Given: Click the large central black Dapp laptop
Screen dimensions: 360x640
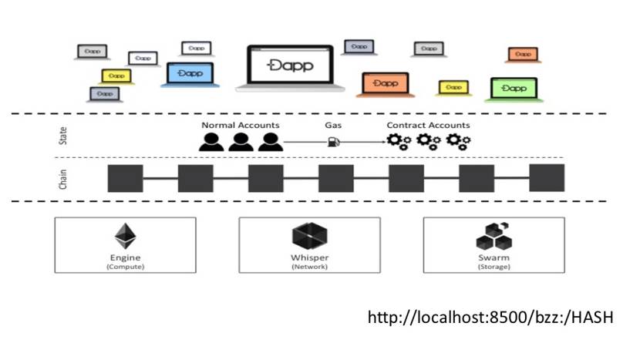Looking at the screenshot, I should coord(285,67).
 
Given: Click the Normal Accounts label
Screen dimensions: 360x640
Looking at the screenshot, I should coord(241,125).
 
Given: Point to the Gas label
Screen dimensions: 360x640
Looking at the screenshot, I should coord(334,125).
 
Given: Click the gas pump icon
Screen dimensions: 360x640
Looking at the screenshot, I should coord(334,142).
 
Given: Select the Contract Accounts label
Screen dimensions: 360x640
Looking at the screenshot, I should coord(428,125).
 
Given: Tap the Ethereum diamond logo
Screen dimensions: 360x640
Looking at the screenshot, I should coord(124,237).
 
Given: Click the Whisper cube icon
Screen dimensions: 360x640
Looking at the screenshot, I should coord(310,237).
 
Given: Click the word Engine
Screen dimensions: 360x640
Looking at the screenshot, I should coord(124,257).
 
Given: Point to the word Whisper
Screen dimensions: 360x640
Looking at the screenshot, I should coord(310,257).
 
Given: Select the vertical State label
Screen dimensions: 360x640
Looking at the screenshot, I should coord(62,136).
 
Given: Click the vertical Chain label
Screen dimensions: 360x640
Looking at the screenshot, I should coord(62,178).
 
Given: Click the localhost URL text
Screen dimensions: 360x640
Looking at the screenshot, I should coord(490,317).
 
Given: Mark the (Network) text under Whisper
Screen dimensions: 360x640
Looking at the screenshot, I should coord(310,267).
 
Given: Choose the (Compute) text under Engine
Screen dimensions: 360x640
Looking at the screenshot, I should coord(124,267).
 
